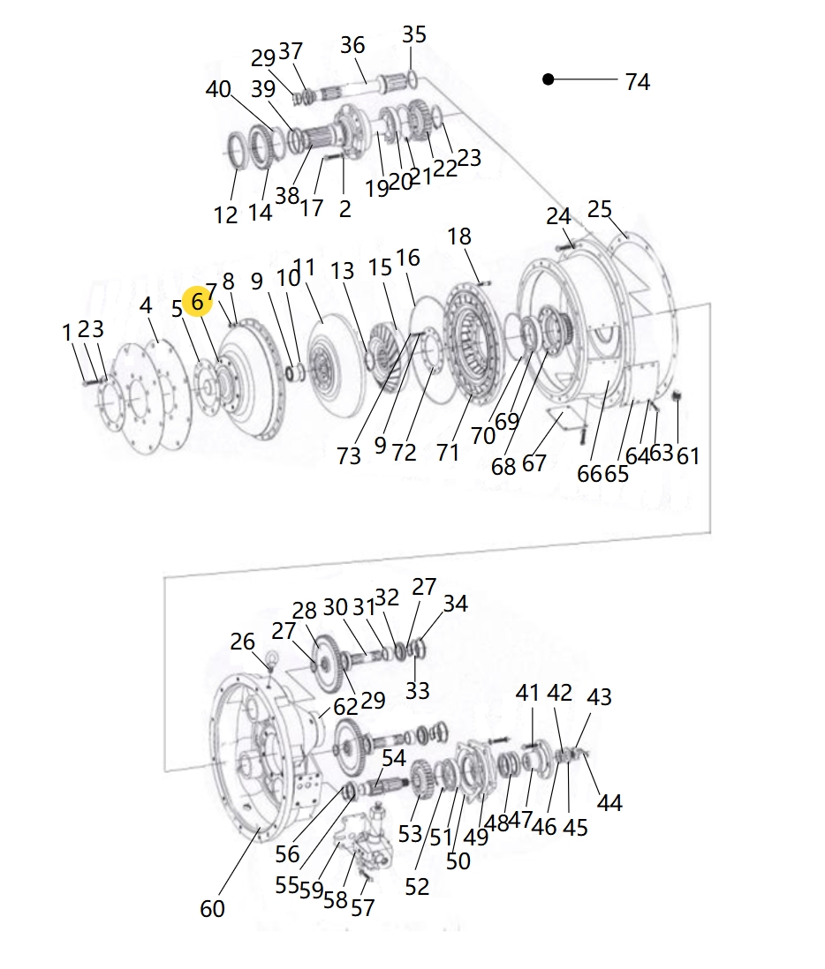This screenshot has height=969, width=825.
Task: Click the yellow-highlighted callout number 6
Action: (x=197, y=302)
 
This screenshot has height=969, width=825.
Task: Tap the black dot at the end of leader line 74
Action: (x=548, y=79)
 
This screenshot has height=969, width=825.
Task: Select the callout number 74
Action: (x=637, y=81)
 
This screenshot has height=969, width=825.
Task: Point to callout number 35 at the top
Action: (x=413, y=34)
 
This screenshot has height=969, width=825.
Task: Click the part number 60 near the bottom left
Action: (x=212, y=908)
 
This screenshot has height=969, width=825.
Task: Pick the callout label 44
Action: (x=609, y=803)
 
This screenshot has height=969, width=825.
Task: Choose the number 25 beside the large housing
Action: (x=599, y=209)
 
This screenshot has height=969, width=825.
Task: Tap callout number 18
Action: (x=459, y=236)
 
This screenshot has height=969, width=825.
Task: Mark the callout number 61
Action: (x=688, y=456)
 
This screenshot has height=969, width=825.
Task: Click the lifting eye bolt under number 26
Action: (x=270, y=659)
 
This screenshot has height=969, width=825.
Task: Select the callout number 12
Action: (x=225, y=215)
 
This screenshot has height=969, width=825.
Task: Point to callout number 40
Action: (x=218, y=89)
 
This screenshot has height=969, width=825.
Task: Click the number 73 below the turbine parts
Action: (x=349, y=456)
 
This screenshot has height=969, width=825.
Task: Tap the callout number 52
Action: (x=417, y=887)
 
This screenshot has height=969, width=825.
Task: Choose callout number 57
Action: (x=362, y=908)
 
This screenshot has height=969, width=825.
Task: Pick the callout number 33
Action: (x=418, y=690)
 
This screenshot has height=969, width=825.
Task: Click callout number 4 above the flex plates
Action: (x=146, y=305)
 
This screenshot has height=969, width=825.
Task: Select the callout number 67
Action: (x=534, y=462)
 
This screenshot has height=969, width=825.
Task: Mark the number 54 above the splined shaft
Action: (x=394, y=758)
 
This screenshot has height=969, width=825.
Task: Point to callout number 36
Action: (x=352, y=45)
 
